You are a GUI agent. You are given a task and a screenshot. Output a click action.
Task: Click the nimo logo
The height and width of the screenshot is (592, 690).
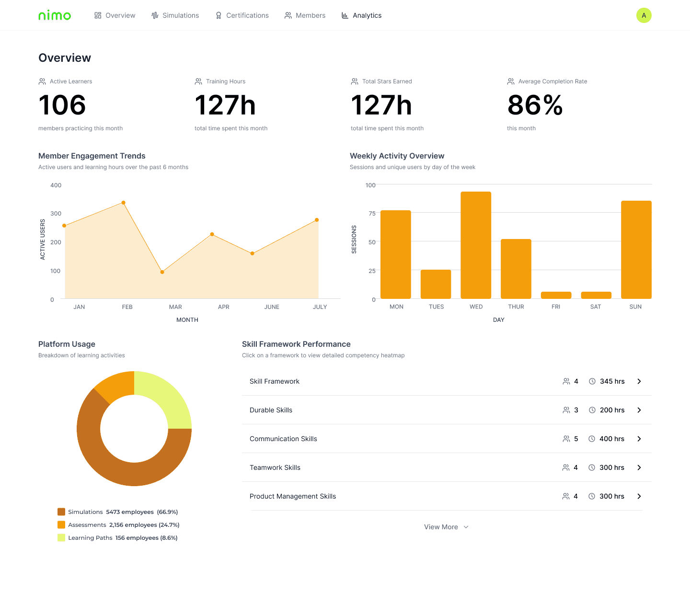pyautogui.click(x=55, y=15)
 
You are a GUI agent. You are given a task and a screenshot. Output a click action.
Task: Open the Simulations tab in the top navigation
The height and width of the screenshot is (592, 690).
pyautogui.click(x=175, y=15)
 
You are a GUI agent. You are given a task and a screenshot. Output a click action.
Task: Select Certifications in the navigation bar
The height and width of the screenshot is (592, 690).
pyautogui.click(x=242, y=15)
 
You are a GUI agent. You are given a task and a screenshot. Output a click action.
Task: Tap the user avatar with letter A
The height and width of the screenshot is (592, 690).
pyautogui.click(x=644, y=15)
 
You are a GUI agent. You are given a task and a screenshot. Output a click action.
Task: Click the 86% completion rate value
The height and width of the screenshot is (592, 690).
pyautogui.click(x=535, y=105)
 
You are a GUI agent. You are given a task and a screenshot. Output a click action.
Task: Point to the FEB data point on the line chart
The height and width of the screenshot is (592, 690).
pyautogui.click(x=124, y=203)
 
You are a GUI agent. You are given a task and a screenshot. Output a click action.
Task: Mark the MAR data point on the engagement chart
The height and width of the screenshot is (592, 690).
pyautogui.click(x=162, y=272)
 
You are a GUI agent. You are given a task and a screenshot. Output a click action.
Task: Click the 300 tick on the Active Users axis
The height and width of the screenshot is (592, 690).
pyautogui.click(x=56, y=214)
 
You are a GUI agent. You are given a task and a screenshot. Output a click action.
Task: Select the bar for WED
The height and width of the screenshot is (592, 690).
pyautogui.click(x=476, y=245)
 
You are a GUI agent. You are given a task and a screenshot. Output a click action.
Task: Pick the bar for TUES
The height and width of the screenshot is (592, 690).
pyautogui.click(x=436, y=284)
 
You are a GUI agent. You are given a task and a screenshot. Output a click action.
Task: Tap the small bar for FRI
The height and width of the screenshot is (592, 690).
pyautogui.click(x=556, y=295)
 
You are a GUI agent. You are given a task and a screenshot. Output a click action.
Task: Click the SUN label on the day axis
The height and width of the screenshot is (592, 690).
pyautogui.click(x=635, y=307)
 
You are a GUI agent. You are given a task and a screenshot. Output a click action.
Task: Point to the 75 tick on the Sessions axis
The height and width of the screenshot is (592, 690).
pyautogui.click(x=372, y=214)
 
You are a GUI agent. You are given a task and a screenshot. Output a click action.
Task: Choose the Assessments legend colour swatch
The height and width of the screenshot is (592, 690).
pyautogui.click(x=61, y=525)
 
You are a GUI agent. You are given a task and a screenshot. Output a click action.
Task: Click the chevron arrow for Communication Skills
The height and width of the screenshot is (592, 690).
pyautogui.click(x=639, y=439)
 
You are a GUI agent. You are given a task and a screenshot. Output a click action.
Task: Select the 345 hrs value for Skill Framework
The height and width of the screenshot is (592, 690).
pyautogui.click(x=612, y=381)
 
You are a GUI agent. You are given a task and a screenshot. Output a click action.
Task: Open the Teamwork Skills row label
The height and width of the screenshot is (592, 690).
pyautogui.click(x=275, y=467)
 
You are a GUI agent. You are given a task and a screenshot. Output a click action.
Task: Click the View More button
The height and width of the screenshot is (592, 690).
pyautogui.click(x=446, y=527)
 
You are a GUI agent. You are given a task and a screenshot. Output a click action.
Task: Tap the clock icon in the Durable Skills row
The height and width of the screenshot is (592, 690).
pyautogui.click(x=592, y=410)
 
